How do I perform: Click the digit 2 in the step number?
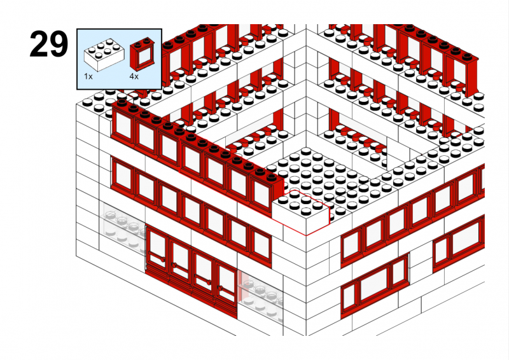39,44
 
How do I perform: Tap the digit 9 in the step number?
59,44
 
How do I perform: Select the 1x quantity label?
88,76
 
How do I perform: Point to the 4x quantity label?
134,76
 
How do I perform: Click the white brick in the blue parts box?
104,54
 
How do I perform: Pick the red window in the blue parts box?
142,53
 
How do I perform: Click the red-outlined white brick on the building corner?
300,211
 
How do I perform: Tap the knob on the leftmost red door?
162,259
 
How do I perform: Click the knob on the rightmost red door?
220,288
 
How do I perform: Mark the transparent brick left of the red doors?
123,227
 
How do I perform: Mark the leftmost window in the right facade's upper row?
352,246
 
